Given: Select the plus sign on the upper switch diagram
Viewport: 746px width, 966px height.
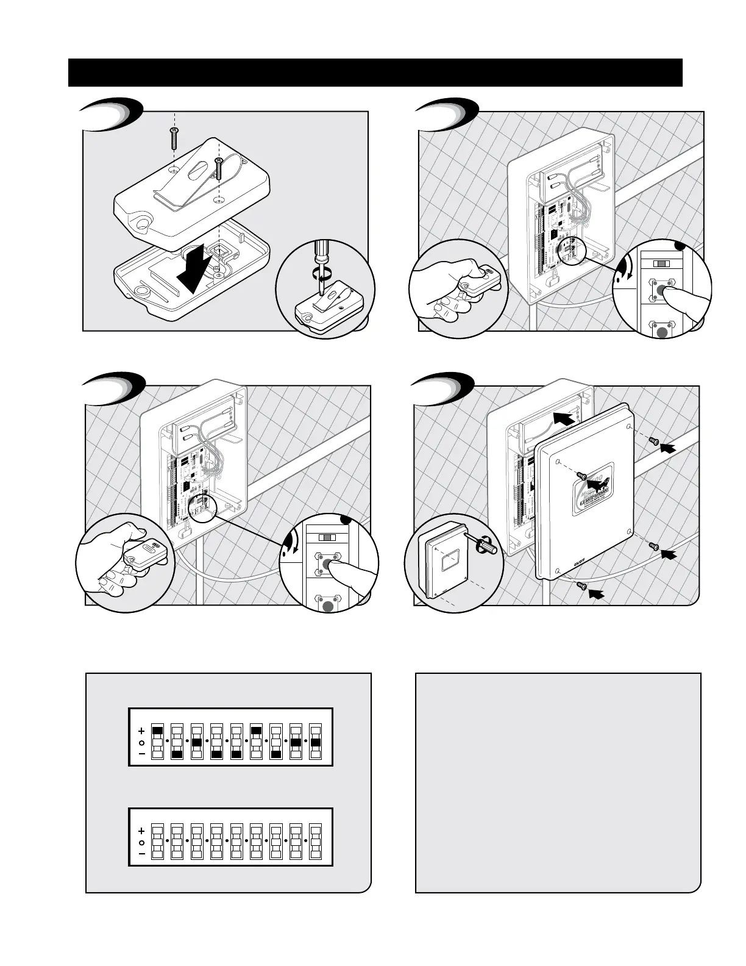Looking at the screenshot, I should tap(141, 731).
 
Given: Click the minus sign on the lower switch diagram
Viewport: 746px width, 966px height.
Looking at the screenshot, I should tap(141, 854).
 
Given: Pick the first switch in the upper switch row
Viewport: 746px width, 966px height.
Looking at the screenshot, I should tap(158, 742).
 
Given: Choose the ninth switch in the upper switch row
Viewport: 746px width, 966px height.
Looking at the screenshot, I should tap(316, 742).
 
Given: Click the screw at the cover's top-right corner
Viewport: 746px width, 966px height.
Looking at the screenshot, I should tap(655, 441).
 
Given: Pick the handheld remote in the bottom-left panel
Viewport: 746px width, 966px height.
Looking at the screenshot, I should tap(146, 556).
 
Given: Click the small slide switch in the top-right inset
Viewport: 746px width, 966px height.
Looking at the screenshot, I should tap(660, 263).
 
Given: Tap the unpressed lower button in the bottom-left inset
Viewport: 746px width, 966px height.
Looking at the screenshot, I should tap(328, 606).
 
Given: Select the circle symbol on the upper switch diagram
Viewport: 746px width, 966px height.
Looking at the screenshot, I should tap(141, 742).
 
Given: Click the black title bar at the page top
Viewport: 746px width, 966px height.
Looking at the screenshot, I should tap(375, 73).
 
